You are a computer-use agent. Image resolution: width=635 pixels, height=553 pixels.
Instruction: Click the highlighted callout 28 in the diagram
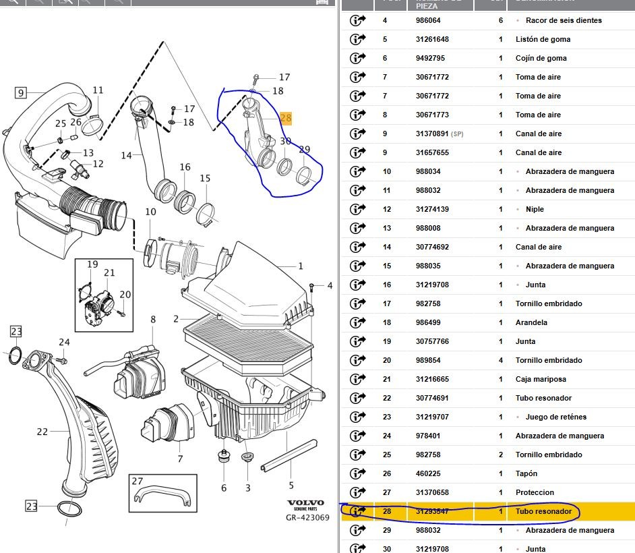(286, 119)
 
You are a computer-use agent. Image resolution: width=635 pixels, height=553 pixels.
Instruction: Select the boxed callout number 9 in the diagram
(21, 93)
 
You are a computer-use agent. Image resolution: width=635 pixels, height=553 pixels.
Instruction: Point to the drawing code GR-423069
(307, 518)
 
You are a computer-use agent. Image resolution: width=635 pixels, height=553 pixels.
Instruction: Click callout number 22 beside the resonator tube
(42, 432)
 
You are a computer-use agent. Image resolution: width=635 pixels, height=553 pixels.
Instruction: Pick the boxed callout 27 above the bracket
(138, 482)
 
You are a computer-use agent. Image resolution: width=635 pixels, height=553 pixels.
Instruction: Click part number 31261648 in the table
(432, 39)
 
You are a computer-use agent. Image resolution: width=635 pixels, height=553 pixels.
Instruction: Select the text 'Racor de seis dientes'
(564, 20)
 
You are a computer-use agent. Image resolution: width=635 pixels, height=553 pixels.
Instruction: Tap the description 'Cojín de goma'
(541, 58)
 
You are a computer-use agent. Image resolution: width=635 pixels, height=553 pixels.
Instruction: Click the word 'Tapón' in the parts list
(527, 473)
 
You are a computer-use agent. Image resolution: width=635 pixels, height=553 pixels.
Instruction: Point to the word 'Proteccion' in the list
(535, 492)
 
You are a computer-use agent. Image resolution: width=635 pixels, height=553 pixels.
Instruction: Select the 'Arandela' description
(531, 322)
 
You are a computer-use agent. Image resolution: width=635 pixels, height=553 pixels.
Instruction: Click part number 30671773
(432, 115)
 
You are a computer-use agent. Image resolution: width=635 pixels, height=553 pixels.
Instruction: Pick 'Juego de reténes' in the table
(556, 417)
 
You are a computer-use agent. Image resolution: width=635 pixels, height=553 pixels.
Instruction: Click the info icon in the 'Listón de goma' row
(357, 39)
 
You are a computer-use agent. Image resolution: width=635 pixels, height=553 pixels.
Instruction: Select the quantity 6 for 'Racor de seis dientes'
(501, 20)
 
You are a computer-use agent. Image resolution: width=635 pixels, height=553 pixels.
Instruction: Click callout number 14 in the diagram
(126, 156)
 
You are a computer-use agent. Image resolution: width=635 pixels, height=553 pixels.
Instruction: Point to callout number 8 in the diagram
(153, 319)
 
